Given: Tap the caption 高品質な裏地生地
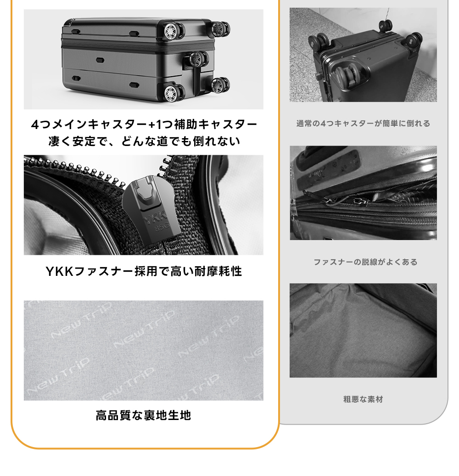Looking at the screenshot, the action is [143, 415].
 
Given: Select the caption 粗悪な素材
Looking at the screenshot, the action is [363, 399].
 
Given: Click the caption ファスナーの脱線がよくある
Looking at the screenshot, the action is [365, 262].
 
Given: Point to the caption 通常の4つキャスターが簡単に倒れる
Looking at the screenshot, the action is [363, 123].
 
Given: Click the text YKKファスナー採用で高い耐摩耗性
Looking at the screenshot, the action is [144, 271].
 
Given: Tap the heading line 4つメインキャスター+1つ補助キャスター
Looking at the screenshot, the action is [144, 124].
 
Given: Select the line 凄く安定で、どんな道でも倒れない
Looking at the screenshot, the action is [144, 141].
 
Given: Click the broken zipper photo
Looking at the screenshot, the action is [363, 193].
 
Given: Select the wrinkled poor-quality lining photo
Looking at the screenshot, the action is [363, 330].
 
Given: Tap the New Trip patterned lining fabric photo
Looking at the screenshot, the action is [144, 350].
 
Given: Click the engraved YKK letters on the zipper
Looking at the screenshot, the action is [155, 218].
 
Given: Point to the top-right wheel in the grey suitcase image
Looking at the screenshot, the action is [220, 29].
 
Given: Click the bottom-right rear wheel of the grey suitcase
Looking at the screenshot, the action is [220, 85].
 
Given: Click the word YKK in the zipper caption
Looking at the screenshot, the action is [60, 271].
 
